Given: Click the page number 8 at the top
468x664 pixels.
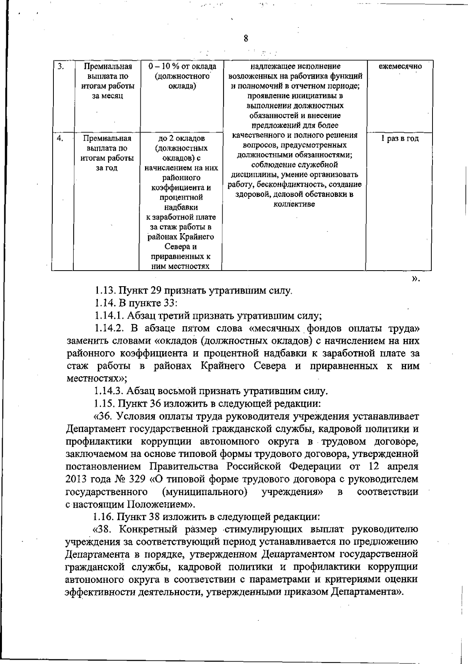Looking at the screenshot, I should (245, 38).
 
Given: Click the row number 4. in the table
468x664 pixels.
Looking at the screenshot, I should (60, 138).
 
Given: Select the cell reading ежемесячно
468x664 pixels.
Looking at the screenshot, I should (400, 66).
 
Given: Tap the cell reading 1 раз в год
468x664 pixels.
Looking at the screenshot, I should (400, 138).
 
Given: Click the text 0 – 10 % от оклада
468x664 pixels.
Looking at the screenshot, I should (182, 66).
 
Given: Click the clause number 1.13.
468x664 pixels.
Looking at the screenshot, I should (105, 291).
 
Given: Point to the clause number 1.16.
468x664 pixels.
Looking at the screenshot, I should (105, 517).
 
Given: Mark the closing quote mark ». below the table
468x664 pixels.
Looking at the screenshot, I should (416, 278).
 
